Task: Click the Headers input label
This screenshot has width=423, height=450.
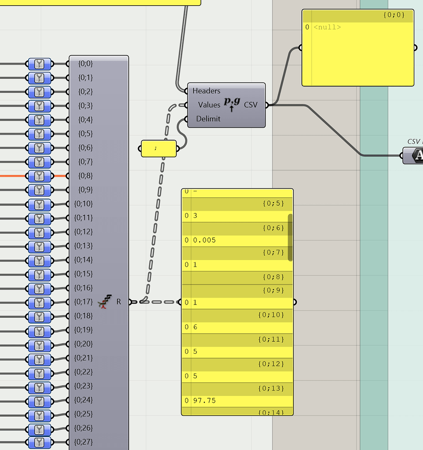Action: click(x=206, y=91)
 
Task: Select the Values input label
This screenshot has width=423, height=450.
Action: click(x=209, y=105)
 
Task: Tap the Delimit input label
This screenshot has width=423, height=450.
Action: click(x=208, y=119)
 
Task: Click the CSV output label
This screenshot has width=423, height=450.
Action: click(x=251, y=105)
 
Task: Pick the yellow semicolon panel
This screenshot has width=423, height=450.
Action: click(x=158, y=149)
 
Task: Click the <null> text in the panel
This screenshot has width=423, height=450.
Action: click(x=327, y=27)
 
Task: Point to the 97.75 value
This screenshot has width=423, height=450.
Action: click(x=204, y=401)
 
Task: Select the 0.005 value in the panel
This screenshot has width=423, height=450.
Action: click(x=204, y=240)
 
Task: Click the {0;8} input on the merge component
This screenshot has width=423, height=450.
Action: click(x=85, y=176)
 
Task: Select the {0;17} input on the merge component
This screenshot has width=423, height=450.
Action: click(x=84, y=302)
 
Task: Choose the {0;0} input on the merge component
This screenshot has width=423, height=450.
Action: click(x=85, y=64)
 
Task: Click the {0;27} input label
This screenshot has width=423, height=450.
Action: click(x=84, y=442)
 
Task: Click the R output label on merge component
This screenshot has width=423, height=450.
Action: click(x=119, y=302)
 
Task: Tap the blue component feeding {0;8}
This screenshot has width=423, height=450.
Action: click(x=40, y=176)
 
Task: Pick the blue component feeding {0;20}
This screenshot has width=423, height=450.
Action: click(x=40, y=344)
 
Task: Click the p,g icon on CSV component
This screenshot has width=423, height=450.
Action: click(x=232, y=104)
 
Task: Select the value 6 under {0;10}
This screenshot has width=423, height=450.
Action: click(x=195, y=327)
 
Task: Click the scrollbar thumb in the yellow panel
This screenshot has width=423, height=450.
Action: click(x=290, y=237)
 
